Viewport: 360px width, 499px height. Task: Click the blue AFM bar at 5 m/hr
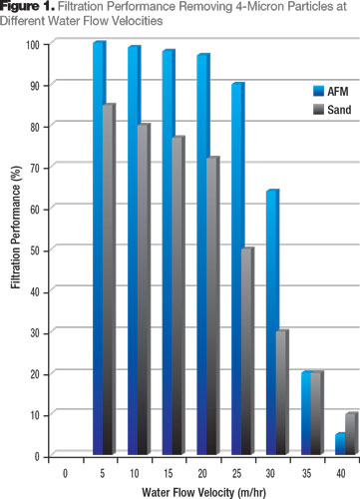99,249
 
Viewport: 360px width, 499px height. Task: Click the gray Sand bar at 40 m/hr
350,434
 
